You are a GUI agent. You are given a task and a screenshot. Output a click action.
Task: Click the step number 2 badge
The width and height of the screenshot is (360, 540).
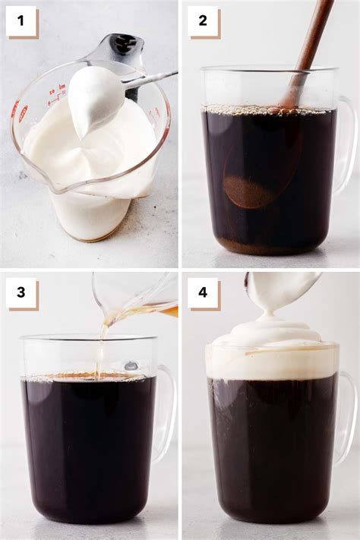click(203, 21)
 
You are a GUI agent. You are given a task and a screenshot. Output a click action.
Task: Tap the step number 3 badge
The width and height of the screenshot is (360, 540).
click(21, 292)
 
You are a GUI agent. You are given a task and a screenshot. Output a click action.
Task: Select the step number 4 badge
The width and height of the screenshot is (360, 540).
click(203, 292)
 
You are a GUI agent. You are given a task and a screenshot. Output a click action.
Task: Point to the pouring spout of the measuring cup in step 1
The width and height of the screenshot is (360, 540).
click(36, 182)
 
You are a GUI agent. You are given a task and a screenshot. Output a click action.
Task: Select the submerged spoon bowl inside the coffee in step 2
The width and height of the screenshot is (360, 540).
click(251, 182)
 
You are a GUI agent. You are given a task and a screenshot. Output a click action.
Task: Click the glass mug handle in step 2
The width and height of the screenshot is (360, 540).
click(346, 144)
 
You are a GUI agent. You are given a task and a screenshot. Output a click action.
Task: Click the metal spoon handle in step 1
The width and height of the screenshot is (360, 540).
click(152, 77)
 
